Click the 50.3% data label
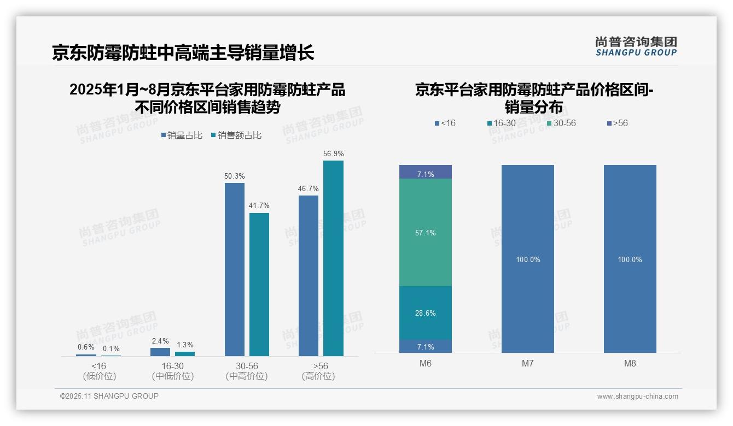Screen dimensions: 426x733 click(x=235, y=176)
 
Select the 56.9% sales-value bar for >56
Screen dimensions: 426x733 click(x=333, y=258)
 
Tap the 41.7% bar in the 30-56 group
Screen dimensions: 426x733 click(x=259, y=285)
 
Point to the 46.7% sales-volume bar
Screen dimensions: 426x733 click(x=309, y=276)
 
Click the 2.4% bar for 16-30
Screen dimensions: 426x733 click(x=160, y=352)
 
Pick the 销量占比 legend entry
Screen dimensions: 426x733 click(x=182, y=135)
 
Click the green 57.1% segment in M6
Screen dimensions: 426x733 click(x=426, y=233)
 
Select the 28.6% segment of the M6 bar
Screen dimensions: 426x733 click(x=426, y=313)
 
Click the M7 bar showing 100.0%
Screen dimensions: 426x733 click(x=528, y=259)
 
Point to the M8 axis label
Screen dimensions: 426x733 click(x=630, y=363)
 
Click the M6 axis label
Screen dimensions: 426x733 click(x=426, y=363)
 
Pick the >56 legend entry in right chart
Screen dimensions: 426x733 click(x=617, y=123)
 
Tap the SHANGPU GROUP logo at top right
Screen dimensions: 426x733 click(x=636, y=46)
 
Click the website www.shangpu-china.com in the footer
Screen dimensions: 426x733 click(x=637, y=397)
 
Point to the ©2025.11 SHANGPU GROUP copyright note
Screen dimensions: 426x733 click(x=109, y=396)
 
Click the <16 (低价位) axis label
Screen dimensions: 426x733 click(x=99, y=371)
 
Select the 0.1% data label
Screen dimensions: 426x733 click(x=110, y=349)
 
